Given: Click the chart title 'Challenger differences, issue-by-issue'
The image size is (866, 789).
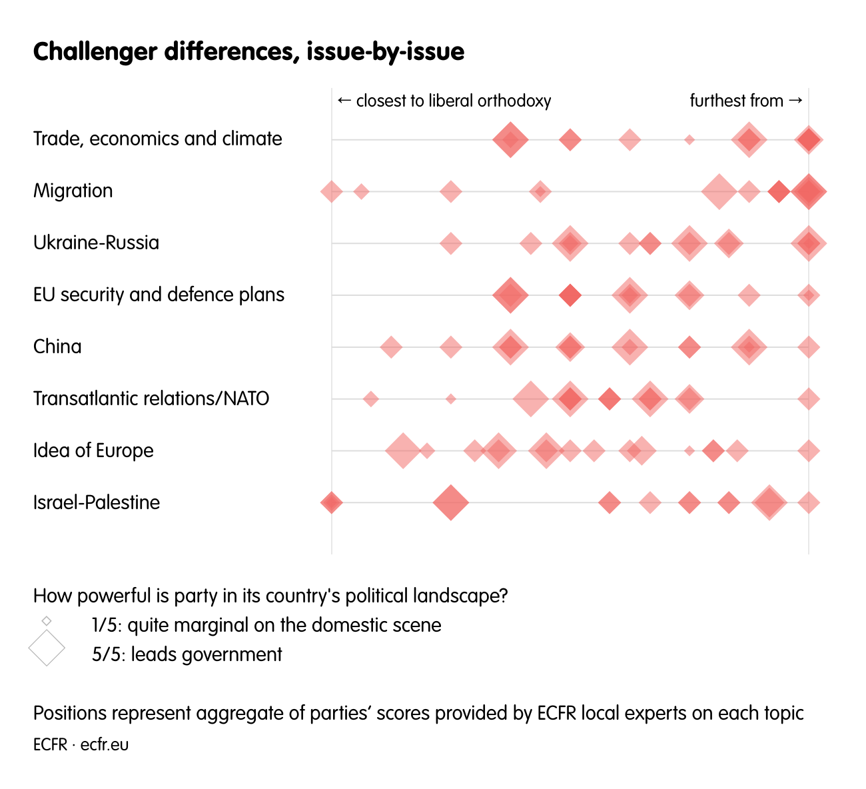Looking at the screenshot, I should tap(248, 52).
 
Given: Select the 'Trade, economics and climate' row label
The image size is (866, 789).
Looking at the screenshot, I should tap(158, 139).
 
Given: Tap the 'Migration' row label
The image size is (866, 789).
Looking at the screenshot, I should tap(73, 191).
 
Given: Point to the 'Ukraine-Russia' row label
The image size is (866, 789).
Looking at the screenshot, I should tap(97, 243).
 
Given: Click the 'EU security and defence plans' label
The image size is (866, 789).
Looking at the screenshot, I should tap(159, 295).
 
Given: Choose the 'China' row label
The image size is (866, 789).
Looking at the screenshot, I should tap(57, 347).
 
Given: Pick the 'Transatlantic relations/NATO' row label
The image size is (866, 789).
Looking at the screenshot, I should tap(151, 398).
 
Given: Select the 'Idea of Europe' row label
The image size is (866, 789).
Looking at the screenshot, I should tap(93, 450).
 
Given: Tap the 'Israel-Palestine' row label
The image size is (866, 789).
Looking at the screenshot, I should tap(97, 502).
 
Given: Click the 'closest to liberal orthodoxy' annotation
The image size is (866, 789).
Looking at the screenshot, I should tap(444, 101).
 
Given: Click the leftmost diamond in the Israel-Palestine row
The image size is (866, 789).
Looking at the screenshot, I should tap(331, 502).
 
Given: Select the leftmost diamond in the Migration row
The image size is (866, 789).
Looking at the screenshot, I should tap(331, 192).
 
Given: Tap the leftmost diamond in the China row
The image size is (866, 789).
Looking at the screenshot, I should tap(391, 347).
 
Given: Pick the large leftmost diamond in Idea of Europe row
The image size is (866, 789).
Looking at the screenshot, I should tap(402, 450).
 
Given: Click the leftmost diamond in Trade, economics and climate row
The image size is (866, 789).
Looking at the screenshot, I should tap(510, 140).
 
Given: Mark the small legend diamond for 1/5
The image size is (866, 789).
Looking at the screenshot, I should tap(47, 621).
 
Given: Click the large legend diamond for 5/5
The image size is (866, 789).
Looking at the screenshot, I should tap(47, 648).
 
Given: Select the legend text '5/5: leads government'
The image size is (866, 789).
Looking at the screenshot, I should tap(187, 654).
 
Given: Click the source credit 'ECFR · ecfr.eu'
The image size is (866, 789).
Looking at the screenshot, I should tap(81, 744).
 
